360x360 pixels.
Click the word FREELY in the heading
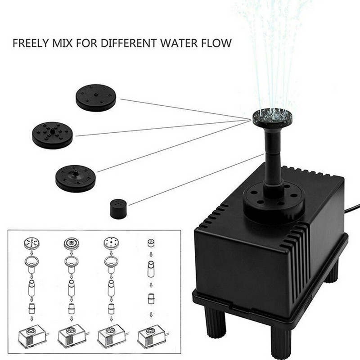tap(31, 43)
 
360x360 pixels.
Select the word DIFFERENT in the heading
tap(129, 43)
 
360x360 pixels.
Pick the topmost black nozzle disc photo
tap(96, 98)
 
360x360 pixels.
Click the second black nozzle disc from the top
tap(53, 135)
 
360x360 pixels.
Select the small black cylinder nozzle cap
tap(118, 209)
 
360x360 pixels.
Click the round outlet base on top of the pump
tap(274, 202)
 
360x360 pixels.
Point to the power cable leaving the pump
tap(352, 208)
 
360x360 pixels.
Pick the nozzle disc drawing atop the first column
tap(31, 243)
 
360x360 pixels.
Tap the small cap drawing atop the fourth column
tap(151, 243)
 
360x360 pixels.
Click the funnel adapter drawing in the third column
tap(111, 264)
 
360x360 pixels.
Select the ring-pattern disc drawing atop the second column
tap(72, 243)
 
